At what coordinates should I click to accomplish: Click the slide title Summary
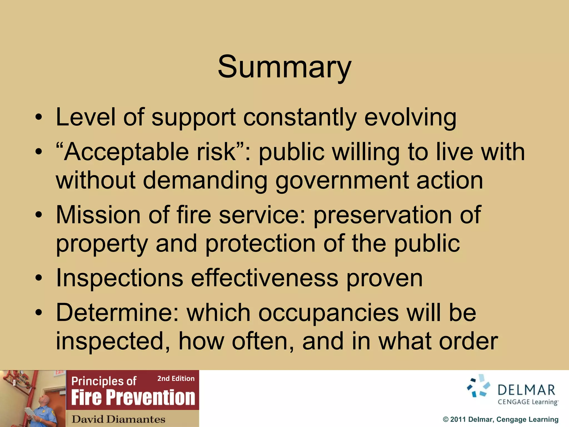[284, 67]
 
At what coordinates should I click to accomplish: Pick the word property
[102, 244]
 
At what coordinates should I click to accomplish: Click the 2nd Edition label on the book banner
[176, 379]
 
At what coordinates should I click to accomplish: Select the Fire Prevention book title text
[133, 398]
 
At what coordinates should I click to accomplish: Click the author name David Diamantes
[118, 419]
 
